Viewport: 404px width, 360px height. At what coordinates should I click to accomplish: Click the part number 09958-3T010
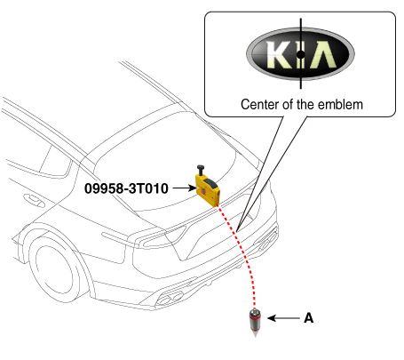click(x=126, y=188)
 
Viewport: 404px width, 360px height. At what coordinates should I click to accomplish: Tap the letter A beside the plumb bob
click(x=308, y=318)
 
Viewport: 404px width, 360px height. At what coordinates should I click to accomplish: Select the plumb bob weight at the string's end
click(x=255, y=322)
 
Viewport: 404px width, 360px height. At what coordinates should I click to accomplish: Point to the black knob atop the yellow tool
click(x=202, y=170)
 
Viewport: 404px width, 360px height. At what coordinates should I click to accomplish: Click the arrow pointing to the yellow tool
click(x=184, y=188)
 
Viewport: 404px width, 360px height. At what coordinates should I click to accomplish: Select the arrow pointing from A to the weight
click(x=283, y=318)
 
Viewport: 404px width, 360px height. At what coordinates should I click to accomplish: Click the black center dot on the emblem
click(x=300, y=54)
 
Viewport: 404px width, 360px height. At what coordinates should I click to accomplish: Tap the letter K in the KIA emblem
click(x=279, y=55)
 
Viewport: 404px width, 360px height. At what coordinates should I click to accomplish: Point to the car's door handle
click(x=34, y=200)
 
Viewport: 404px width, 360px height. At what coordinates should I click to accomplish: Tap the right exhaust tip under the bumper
click(x=268, y=241)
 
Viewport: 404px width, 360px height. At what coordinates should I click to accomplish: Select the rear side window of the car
click(x=55, y=163)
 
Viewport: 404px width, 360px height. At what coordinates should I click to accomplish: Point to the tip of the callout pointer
click(x=237, y=231)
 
